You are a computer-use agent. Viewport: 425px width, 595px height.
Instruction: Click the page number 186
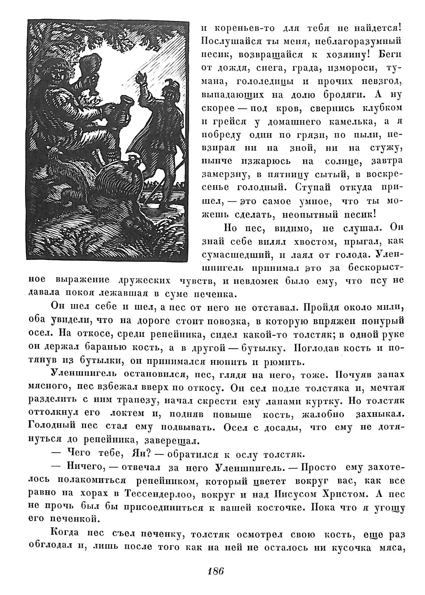216,570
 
